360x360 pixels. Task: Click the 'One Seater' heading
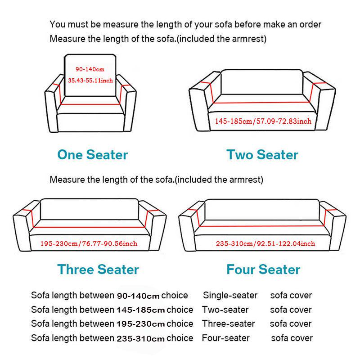pos(92,155)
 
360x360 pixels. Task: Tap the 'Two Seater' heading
pos(262,155)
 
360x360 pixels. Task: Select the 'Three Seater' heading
pos(98,270)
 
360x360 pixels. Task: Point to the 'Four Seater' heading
pos(263,270)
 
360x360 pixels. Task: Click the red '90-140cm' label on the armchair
pos(90,69)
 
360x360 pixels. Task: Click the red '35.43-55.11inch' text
pos(90,81)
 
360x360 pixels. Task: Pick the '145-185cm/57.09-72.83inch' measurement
pos(263,121)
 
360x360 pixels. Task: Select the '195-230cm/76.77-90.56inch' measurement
pos(89,243)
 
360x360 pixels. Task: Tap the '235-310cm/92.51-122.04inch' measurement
pos(265,243)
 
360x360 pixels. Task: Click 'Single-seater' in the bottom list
pos(230,296)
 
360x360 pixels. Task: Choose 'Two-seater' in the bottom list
pos(225,310)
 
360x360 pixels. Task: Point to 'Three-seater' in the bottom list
pos(228,324)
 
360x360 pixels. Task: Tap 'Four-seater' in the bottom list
pos(225,338)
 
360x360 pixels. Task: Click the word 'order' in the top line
pos(310,24)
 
